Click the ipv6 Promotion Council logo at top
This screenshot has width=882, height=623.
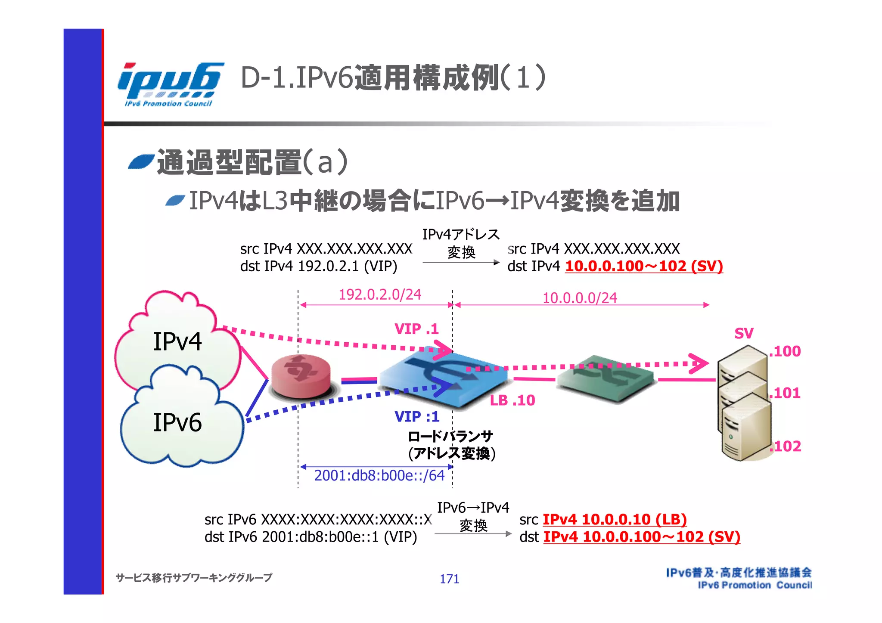[x=170, y=84]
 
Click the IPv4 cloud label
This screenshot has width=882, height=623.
[x=177, y=342]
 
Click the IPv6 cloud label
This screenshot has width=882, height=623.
[x=177, y=422]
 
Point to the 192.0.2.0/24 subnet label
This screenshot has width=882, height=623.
[x=380, y=294]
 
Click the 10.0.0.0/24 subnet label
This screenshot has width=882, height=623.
[x=580, y=298]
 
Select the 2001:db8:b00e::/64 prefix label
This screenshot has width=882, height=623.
[x=379, y=475]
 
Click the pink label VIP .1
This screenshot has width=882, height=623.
[x=416, y=329]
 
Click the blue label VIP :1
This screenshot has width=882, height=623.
[x=417, y=417]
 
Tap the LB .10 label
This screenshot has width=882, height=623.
[x=512, y=400]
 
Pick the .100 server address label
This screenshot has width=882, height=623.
[x=785, y=351]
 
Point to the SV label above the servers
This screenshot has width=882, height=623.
[x=744, y=333]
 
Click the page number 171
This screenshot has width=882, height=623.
[x=449, y=579]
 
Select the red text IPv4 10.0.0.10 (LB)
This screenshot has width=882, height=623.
[x=615, y=519]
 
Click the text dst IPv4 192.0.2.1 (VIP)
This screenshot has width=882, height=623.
[x=319, y=267]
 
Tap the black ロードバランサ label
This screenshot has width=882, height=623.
[x=450, y=437]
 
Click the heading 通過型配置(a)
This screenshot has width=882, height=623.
[x=252, y=162]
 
